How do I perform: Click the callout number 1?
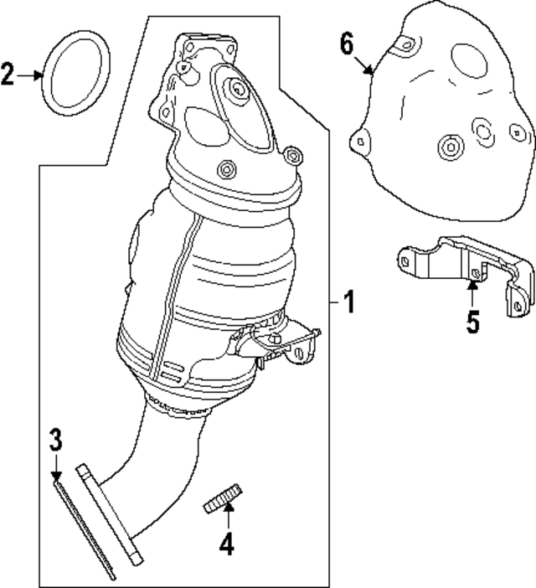[x=348, y=302]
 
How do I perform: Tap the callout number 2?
[x=8, y=75]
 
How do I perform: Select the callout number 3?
[x=55, y=438]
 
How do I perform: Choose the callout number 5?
[x=473, y=322]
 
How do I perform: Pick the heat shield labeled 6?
[x=444, y=142]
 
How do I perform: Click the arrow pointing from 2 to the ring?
[x=31, y=75]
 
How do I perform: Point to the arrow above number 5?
[x=472, y=295]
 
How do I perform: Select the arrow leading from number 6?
[x=363, y=63]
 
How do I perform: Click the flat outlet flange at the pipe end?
[x=111, y=511]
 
